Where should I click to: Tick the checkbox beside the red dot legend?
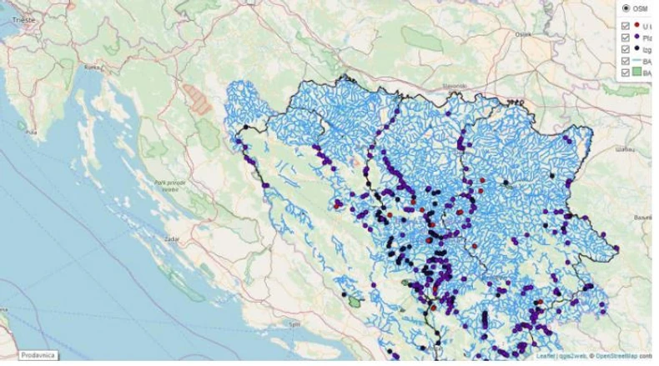tap(626, 26)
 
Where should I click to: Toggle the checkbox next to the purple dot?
tap(626, 38)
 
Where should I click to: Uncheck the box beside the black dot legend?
tap(626, 49)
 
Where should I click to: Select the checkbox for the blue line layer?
tap(626, 62)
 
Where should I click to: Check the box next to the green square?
tap(626, 73)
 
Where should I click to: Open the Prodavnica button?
tap(38, 355)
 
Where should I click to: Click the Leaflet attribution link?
tap(546, 356)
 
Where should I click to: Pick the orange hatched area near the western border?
tap(199, 98)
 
